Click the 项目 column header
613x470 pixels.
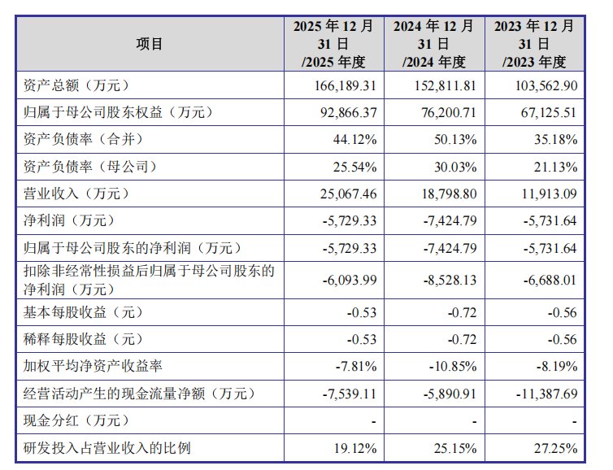(x=150, y=44)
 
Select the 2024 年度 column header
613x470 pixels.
(x=434, y=44)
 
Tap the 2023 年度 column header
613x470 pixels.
(x=534, y=44)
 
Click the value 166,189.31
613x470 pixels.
(x=346, y=85)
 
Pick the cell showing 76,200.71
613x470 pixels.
(x=449, y=112)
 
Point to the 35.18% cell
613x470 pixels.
(x=556, y=140)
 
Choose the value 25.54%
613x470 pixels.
(x=355, y=167)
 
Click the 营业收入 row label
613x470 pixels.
(x=76, y=194)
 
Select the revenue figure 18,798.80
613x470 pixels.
(x=449, y=194)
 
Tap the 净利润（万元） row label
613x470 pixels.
(x=69, y=220)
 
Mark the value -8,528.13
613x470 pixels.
(x=450, y=281)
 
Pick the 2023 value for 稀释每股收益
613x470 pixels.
(x=562, y=339)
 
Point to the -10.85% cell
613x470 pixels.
(x=453, y=367)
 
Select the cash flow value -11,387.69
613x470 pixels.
(x=546, y=394)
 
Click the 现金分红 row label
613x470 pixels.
(x=76, y=420)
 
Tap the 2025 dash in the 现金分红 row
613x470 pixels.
(x=374, y=421)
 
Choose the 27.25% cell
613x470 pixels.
(x=556, y=448)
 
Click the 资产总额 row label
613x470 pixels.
(x=76, y=85)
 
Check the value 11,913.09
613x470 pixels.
(x=550, y=194)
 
